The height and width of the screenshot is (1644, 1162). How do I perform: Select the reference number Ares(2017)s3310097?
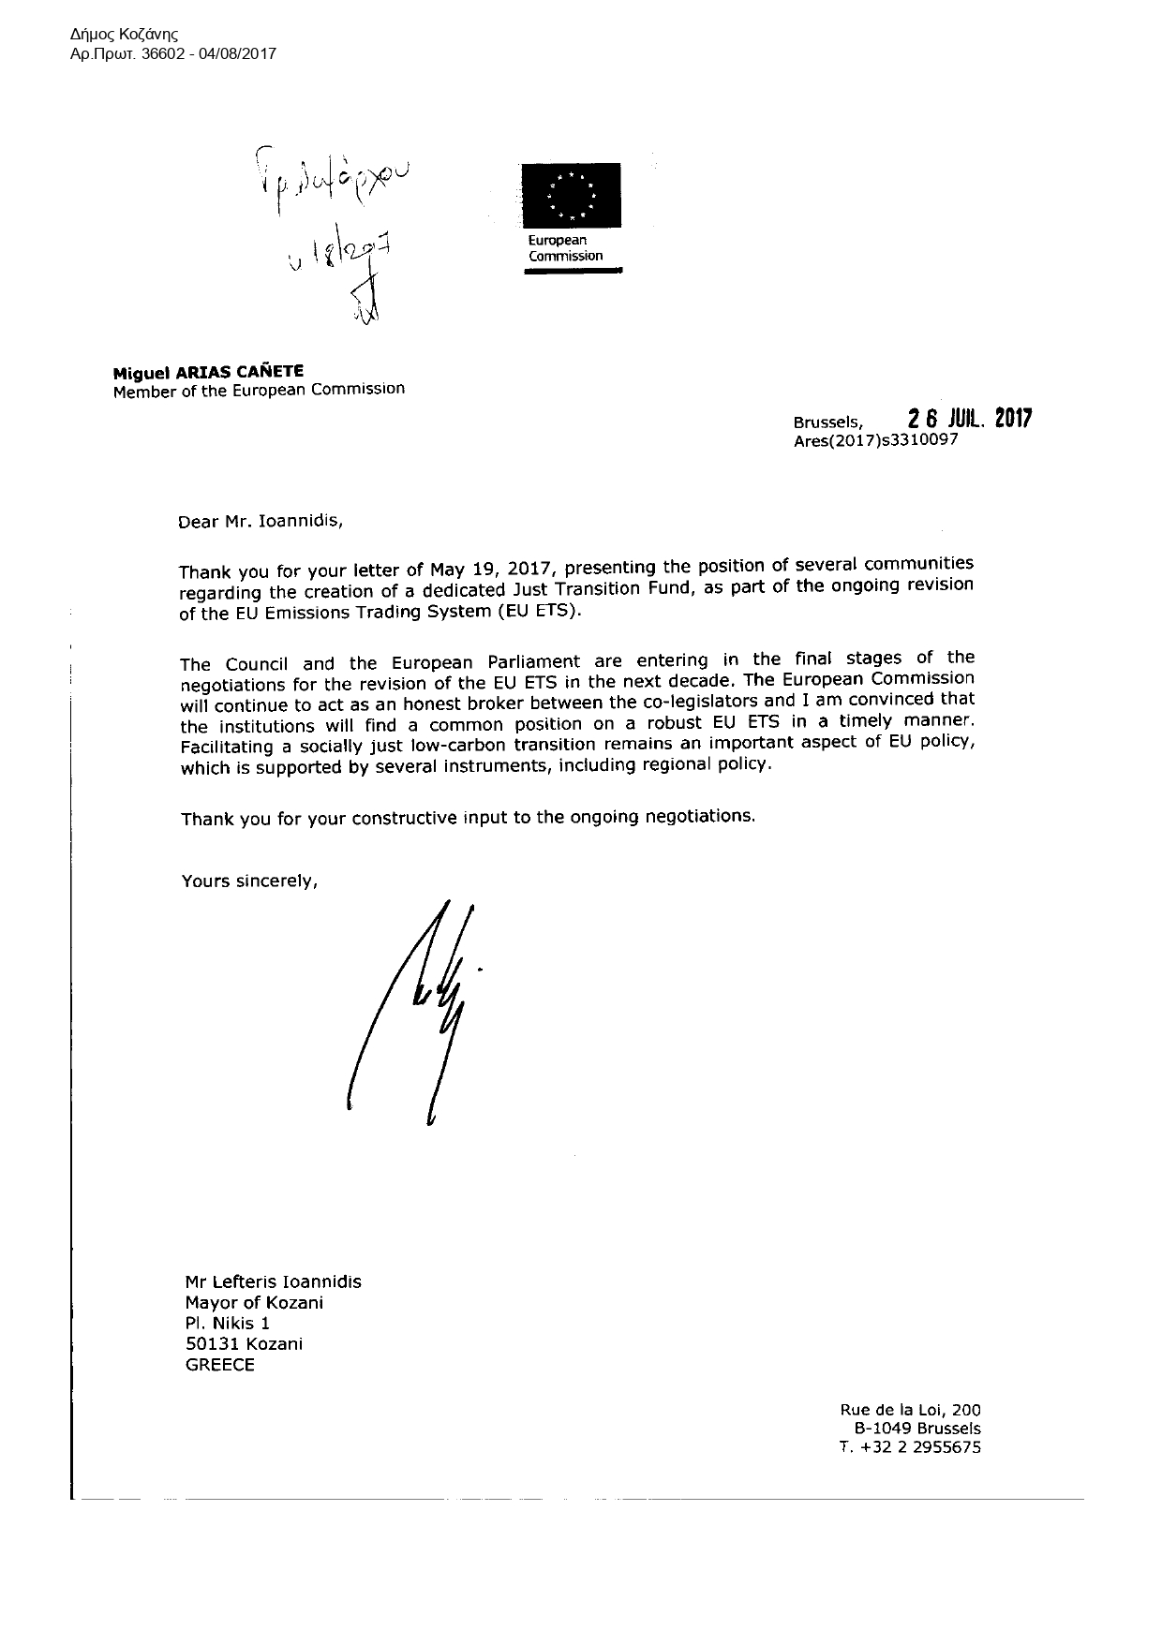pyautogui.click(x=875, y=441)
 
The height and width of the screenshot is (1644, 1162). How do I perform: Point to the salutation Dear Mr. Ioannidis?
pyautogui.click(x=261, y=521)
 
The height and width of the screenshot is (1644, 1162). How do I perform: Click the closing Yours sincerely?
pyautogui.click(x=249, y=881)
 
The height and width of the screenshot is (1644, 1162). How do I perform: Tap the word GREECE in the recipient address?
pyautogui.click(x=220, y=1364)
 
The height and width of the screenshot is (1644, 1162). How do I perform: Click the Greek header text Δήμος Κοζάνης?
pyautogui.click(x=125, y=34)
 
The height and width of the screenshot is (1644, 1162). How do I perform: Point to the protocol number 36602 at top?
pyautogui.click(x=169, y=54)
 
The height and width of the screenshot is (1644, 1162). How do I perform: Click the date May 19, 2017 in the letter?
pyautogui.click(x=487, y=569)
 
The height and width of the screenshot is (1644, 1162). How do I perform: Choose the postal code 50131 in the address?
pyautogui.click(x=211, y=1343)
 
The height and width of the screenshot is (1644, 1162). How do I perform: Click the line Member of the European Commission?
pyautogui.click(x=259, y=390)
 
